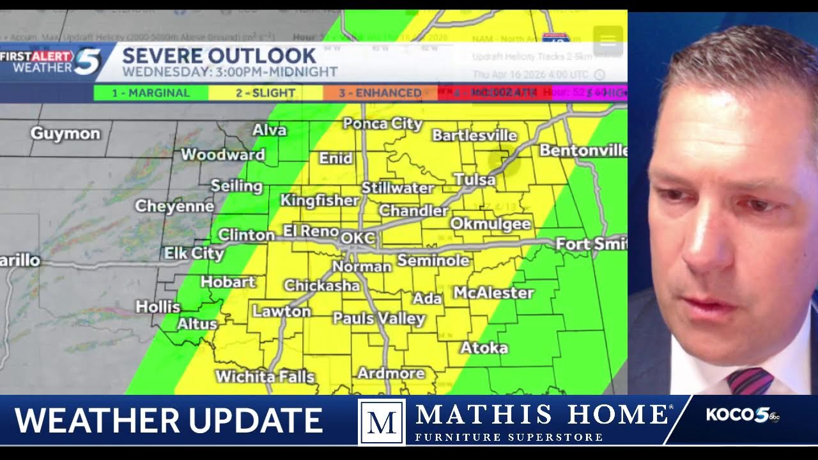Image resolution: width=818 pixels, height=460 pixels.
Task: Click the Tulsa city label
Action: (x=475, y=180)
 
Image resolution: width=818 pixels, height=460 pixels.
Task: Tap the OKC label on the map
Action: (x=358, y=238)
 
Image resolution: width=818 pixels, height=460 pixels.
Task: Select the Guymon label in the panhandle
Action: (x=65, y=134)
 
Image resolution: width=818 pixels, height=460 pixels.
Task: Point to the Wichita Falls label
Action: (x=265, y=376)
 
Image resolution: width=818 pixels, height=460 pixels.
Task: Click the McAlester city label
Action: (x=493, y=293)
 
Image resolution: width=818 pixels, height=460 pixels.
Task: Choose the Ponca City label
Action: (x=382, y=123)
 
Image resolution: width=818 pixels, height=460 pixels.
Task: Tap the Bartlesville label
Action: (x=474, y=135)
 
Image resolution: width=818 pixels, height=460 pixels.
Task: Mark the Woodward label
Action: (x=222, y=155)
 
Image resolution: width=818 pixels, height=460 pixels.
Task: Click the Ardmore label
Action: (x=390, y=373)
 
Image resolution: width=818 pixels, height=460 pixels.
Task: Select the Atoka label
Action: (x=484, y=348)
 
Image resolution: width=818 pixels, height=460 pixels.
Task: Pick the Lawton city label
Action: (x=281, y=312)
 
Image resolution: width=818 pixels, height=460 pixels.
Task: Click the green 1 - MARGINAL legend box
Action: (x=151, y=93)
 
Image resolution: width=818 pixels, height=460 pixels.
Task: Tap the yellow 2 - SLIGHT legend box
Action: (x=265, y=93)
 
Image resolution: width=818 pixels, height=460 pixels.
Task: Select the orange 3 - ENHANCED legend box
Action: (x=380, y=93)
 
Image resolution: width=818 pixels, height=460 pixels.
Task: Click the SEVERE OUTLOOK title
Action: (x=219, y=56)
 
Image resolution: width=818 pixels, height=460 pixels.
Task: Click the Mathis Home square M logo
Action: (x=382, y=422)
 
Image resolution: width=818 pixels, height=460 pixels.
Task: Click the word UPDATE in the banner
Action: (x=246, y=420)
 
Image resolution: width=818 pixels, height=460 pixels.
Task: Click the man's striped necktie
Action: (x=749, y=381)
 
